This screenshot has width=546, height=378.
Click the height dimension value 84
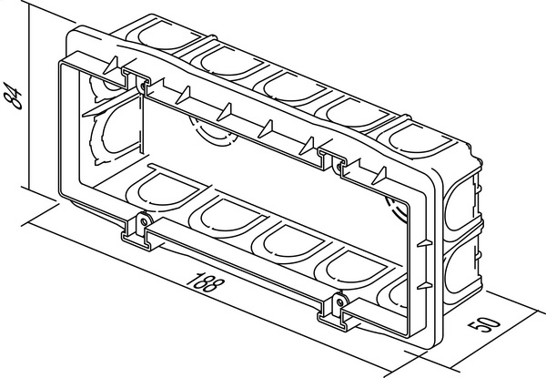pyautogui.click(x=13, y=96)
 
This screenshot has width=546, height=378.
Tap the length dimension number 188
pyautogui.click(x=204, y=282)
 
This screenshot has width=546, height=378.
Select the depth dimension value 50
pyautogui.click(x=484, y=323)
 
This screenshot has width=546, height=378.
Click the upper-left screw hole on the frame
pyautogui.click(x=142, y=86)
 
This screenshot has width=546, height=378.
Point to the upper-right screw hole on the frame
pyautogui.click(x=339, y=167)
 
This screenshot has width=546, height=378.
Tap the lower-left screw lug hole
pyautogui.click(x=143, y=221)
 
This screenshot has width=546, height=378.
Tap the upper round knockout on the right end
pyautogui.click(x=460, y=204)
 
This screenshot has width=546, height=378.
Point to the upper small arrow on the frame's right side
pyautogui.click(x=424, y=243)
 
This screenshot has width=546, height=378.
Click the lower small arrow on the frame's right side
pyautogui.click(x=424, y=286)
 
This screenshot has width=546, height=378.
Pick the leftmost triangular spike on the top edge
pyautogui.click(x=111, y=66)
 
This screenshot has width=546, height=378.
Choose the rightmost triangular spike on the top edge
pyautogui.click(x=379, y=176)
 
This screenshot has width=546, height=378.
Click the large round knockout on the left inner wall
pyautogui.click(x=115, y=134)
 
